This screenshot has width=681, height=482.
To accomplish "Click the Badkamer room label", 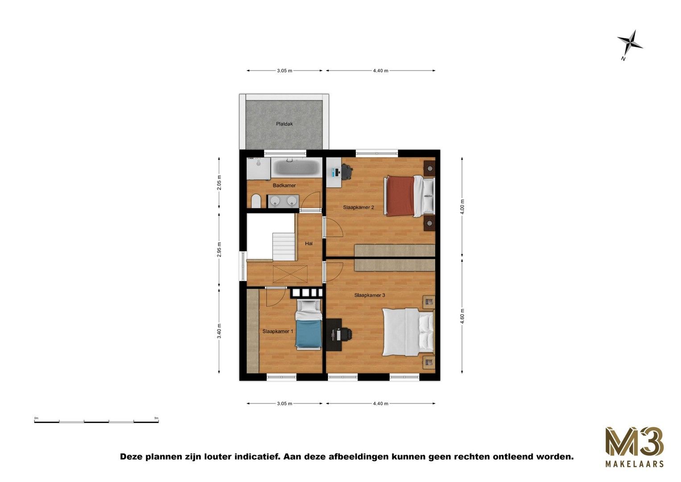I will pos(284,185).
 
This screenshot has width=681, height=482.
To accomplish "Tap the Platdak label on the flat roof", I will pos(285,124).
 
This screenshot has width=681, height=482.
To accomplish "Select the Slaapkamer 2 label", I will pos(358,207).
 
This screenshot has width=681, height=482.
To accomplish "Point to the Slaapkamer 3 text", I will pos(369,295).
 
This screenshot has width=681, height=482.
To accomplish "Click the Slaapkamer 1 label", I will pos(277,331).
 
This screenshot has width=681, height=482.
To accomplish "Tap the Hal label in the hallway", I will pos(309,243).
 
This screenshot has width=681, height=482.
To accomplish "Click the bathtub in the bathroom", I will pos(297,167).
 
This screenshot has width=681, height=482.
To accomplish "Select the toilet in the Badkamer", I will pos(256,201).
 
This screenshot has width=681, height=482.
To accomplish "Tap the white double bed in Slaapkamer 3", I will pos(407,332).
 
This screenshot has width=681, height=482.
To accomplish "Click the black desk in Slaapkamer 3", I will pos(334,335).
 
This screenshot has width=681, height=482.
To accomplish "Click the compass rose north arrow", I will pos(630,43).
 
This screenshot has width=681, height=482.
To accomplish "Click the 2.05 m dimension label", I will pos(219,183).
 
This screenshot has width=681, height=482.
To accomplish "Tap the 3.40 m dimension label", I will pos(219,331).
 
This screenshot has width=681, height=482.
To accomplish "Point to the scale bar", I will pos(96,421).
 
